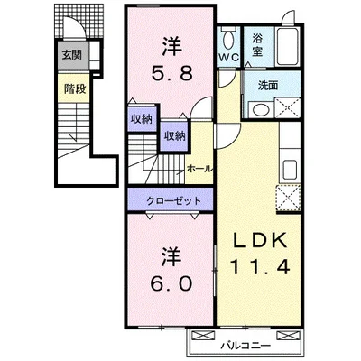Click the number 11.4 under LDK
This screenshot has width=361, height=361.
[261, 268]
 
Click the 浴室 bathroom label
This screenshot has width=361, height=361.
[257, 45]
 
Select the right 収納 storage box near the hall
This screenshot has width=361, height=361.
[173, 136]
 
